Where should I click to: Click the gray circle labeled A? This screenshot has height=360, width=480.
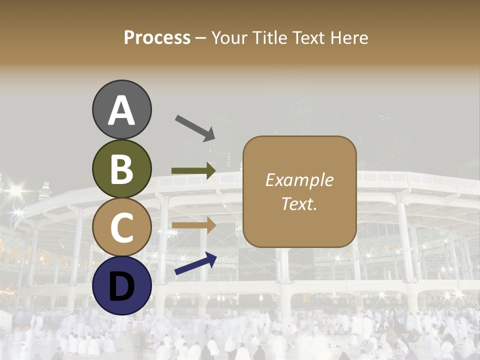(x=122, y=109)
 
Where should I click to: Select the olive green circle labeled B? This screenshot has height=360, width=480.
(x=122, y=169)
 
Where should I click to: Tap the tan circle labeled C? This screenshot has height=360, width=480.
(x=122, y=227)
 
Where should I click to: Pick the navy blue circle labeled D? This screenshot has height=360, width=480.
(x=122, y=285)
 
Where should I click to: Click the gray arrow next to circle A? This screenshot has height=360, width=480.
(x=195, y=128)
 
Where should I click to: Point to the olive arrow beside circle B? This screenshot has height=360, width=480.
(x=193, y=170)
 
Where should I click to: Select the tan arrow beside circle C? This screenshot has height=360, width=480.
(x=193, y=225)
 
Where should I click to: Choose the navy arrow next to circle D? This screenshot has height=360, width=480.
(x=195, y=263)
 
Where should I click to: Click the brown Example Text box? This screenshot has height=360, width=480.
(x=299, y=191)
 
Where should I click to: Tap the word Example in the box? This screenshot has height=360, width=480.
(x=299, y=180)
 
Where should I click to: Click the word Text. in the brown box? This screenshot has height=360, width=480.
(x=299, y=203)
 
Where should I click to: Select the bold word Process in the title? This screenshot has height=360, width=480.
(x=157, y=37)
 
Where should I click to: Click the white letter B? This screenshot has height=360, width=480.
(x=122, y=169)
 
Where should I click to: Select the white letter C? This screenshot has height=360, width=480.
(x=122, y=227)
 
